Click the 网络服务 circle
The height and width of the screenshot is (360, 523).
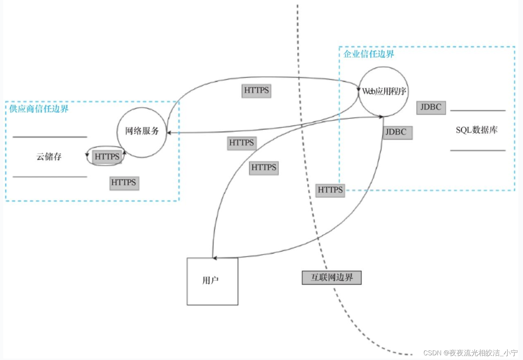click(x=142, y=132)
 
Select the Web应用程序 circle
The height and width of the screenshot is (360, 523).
click(x=383, y=91)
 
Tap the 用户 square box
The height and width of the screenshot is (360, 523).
click(x=212, y=281)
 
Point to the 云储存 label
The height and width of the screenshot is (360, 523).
click(x=49, y=157)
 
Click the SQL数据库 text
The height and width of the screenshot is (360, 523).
click(x=476, y=130)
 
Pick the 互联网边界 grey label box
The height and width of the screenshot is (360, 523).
click(x=331, y=278)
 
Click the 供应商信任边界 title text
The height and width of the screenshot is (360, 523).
click(x=39, y=109)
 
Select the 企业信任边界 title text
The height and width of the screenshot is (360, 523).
click(x=369, y=54)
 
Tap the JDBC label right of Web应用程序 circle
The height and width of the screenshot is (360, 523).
click(x=431, y=107)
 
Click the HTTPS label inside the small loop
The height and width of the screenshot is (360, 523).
click(x=107, y=157)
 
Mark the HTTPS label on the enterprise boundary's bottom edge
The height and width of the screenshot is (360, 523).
click(x=330, y=190)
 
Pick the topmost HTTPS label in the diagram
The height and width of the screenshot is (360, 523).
click(x=256, y=90)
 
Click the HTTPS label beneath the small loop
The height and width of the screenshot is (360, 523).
click(x=124, y=183)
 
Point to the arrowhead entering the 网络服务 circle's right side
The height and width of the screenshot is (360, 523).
click(x=169, y=133)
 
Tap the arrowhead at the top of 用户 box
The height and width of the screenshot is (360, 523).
click(x=214, y=258)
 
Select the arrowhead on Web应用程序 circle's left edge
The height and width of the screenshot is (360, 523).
click(x=358, y=89)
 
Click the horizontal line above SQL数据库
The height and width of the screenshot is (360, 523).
click(x=478, y=110)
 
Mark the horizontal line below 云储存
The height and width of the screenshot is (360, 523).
click(x=50, y=177)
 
